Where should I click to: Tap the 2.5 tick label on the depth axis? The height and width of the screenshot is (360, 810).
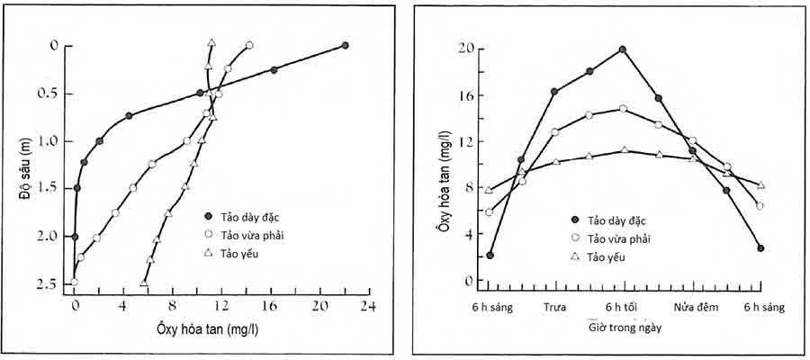point(46,283)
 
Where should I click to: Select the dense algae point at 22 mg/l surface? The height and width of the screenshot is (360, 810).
point(345,45)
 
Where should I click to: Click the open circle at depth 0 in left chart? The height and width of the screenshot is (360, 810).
point(249,45)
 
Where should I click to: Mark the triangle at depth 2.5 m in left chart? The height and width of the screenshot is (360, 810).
point(144,283)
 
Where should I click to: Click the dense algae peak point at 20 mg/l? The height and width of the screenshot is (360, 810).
point(623,49)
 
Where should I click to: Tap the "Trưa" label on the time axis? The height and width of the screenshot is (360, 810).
point(554,307)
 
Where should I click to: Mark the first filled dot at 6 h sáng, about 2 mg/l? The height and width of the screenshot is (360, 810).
point(490,255)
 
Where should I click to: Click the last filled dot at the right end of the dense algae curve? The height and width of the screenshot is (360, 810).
point(760,247)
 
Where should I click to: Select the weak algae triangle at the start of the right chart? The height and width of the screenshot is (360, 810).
point(489,190)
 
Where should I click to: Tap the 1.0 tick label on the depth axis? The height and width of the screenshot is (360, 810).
point(46,141)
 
